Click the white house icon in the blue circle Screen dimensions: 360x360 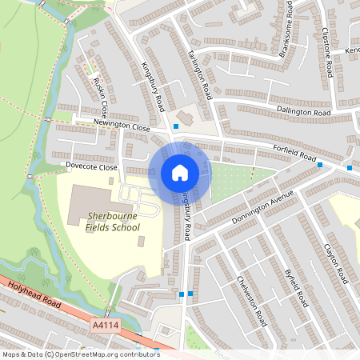coord(180,172)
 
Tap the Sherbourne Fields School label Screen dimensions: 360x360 coord(113,222)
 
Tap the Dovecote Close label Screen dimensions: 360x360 coord(92,167)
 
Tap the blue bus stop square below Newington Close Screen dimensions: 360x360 coord(176,137)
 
